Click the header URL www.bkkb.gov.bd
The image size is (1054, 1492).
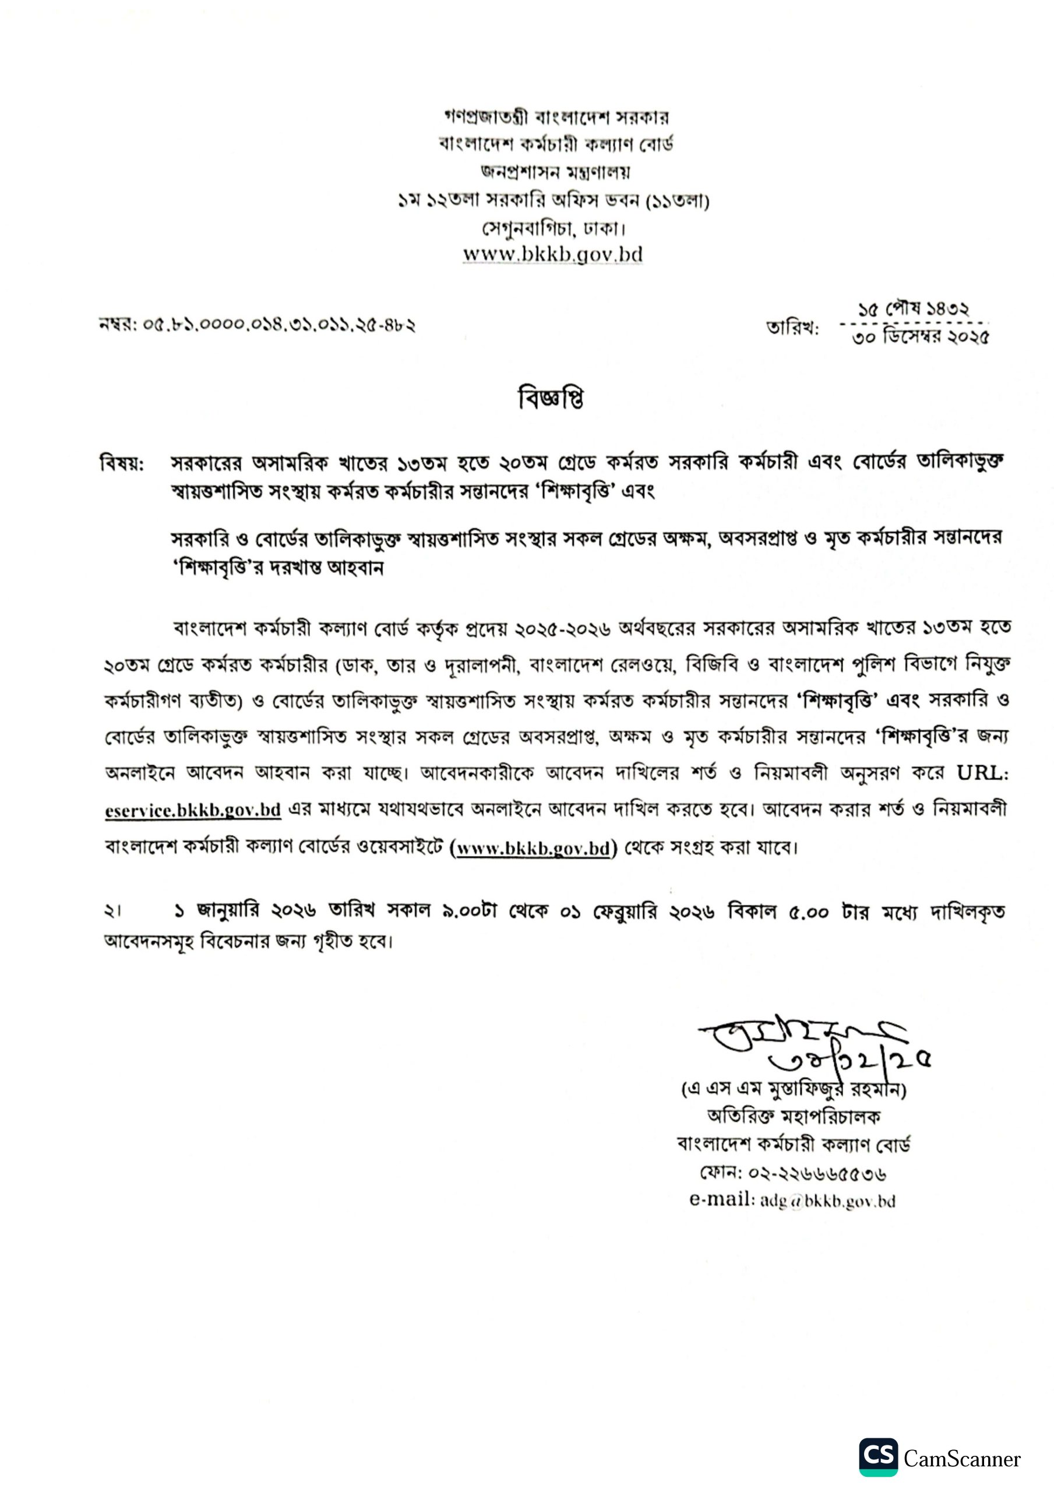point(552,254)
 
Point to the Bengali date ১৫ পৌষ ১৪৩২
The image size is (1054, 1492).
point(913,310)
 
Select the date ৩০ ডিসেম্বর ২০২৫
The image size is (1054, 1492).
point(920,337)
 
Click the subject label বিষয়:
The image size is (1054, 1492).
point(122,464)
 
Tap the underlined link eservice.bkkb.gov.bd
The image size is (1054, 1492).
point(193,810)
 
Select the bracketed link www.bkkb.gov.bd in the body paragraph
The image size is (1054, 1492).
point(533,849)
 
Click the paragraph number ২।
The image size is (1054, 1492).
point(112,912)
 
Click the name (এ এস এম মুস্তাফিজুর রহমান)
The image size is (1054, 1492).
point(794,1089)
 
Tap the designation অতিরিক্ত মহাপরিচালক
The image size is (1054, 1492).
point(794,1117)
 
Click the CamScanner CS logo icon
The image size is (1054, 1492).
point(878,1458)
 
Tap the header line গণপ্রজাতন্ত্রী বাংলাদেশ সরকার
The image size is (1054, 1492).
point(556,118)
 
